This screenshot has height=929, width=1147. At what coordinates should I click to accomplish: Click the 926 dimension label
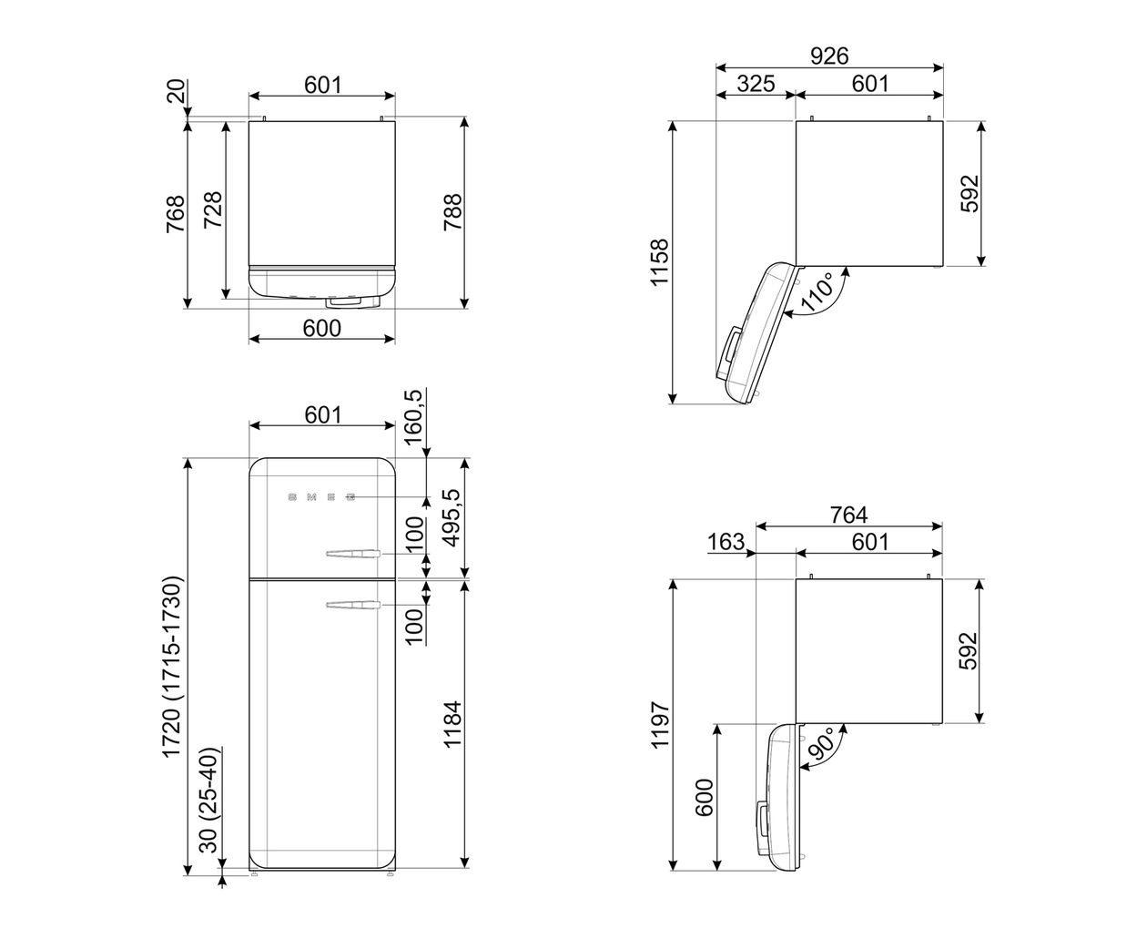[829, 56]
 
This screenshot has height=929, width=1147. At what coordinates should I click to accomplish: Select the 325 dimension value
[755, 84]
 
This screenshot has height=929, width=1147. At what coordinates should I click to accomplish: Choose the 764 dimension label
[848, 515]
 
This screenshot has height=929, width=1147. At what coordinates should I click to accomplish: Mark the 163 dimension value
[726, 542]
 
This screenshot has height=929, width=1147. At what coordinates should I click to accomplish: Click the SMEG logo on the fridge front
[320, 498]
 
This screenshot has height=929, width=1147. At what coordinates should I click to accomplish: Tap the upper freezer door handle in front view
[350, 553]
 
